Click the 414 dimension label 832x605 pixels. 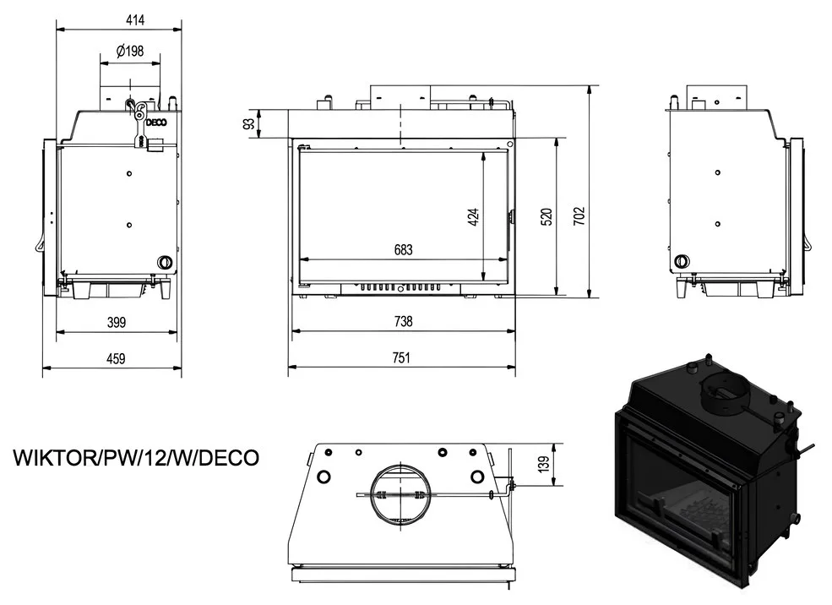coord(135,20)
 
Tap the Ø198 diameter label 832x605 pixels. coord(130,51)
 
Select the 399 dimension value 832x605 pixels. coord(117,322)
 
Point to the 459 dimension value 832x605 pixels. coord(116,359)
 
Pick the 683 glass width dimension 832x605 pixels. coord(403,249)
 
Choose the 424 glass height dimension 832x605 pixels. coord(473,216)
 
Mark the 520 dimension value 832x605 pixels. coord(547,216)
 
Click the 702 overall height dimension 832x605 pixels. coord(579,216)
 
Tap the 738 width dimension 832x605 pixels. coord(403,321)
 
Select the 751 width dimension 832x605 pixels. coord(402,357)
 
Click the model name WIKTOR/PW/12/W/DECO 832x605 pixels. coord(136,457)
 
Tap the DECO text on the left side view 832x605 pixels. coord(156,123)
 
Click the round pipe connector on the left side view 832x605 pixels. coord(164,262)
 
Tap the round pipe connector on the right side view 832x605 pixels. coord(681,261)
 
